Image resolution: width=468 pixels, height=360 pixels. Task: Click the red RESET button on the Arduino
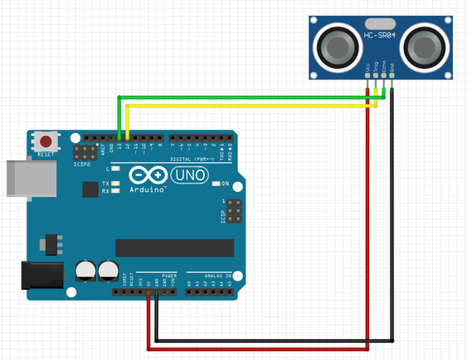(46, 141)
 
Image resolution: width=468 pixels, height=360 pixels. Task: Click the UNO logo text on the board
(189, 176)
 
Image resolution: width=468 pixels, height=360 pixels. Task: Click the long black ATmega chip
(175, 248)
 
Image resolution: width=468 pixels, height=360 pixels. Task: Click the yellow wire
(249, 105)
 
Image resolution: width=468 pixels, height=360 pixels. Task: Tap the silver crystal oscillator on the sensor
(380, 23)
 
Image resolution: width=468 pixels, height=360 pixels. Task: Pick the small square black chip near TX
(90, 190)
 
